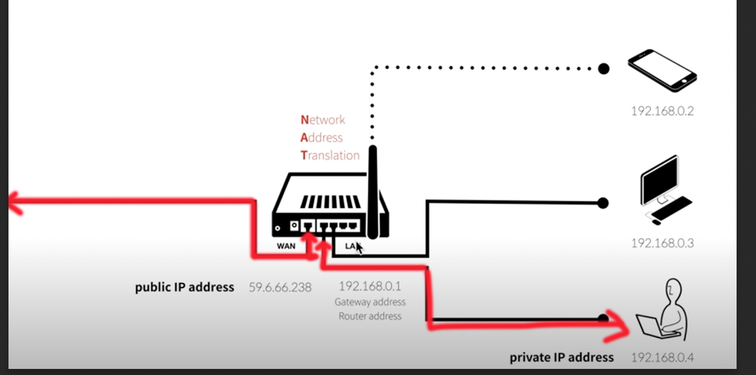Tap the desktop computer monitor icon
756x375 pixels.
click(x=660, y=180)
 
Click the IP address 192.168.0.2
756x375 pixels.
click(x=662, y=111)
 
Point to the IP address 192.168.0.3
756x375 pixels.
click(x=662, y=243)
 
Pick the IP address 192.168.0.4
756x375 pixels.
click(x=662, y=357)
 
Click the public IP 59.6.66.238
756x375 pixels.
click(x=280, y=287)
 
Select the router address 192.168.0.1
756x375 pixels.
click(x=370, y=286)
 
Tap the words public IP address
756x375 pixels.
click(x=184, y=287)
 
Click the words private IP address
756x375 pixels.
click(x=561, y=357)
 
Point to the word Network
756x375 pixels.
click(x=323, y=120)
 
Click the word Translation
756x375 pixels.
click(x=330, y=155)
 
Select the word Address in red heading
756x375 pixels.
click(x=322, y=138)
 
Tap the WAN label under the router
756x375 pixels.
click(x=286, y=246)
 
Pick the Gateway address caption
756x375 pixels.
click(x=370, y=302)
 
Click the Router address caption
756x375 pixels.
click(x=370, y=316)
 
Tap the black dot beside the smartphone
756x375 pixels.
click(x=604, y=69)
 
